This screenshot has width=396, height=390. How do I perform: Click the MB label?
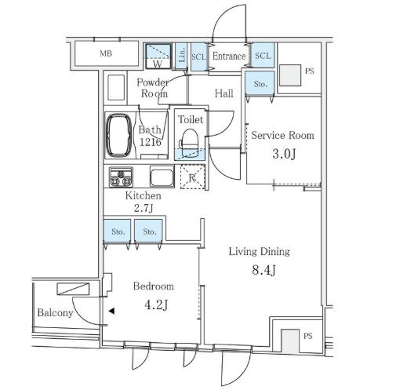106,53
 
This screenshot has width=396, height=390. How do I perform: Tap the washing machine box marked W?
158,56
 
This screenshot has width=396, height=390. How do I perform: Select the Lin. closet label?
182,55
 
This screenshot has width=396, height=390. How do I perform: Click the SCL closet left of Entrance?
199,56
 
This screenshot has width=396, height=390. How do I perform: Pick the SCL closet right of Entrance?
263,56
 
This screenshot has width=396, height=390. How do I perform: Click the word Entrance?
229,56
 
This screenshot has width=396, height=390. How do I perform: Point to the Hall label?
224,93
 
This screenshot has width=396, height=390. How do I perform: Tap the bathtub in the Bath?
118,135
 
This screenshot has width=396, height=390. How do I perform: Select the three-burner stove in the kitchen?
121,177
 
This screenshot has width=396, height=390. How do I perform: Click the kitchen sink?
162,177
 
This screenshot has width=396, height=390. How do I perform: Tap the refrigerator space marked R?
193,177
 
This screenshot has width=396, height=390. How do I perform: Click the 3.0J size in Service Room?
284,154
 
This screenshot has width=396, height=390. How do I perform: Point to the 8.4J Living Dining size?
263,270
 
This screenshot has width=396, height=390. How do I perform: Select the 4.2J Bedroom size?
156,305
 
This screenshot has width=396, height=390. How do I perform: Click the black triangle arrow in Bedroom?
111,311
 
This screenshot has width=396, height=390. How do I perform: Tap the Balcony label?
55,313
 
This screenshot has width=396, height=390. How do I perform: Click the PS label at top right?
310,71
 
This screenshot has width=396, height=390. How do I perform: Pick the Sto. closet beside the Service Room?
260,84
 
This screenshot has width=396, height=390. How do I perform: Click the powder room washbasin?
116,88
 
